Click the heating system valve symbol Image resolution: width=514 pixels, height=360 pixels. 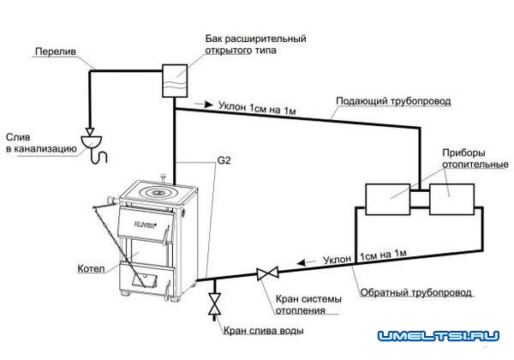[265, 275]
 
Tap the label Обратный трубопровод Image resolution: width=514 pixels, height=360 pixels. [403, 293]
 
